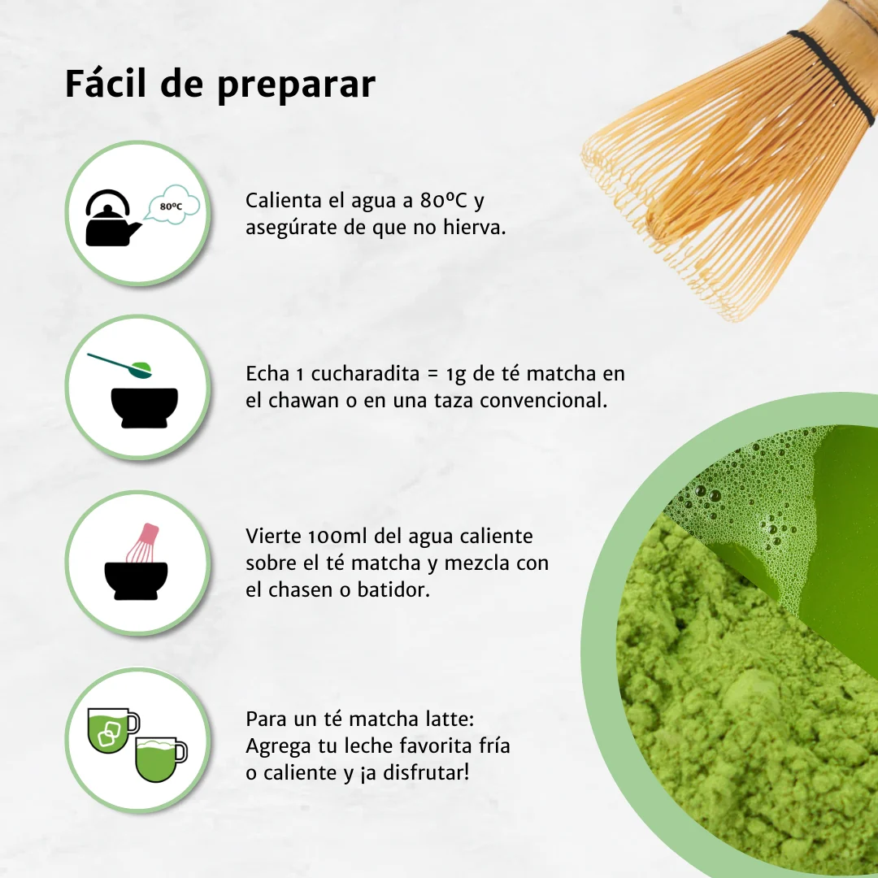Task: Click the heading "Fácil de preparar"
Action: point(219,85)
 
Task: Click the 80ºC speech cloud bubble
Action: point(172,206)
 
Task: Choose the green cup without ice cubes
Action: point(159,759)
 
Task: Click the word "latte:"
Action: point(447,719)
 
